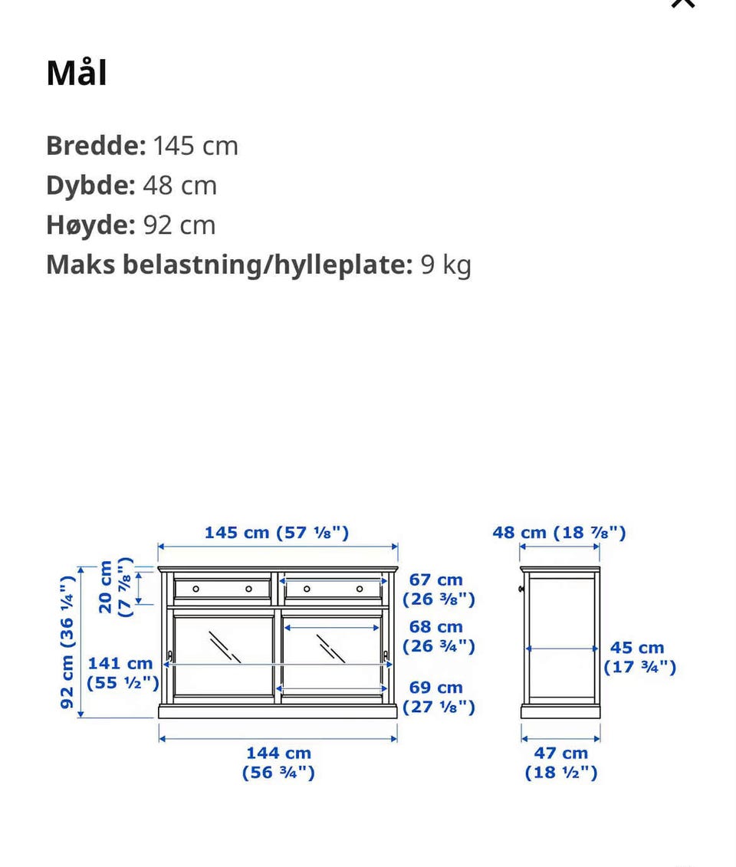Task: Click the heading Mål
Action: click(x=77, y=74)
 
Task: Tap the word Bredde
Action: click(x=95, y=146)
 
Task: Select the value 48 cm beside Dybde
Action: click(x=179, y=186)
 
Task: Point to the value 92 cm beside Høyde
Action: click(x=179, y=225)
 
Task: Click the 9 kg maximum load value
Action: click(x=445, y=265)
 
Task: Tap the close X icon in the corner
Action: click(x=682, y=4)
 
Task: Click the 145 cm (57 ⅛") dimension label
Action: click(x=277, y=533)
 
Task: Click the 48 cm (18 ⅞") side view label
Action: click(x=559, y=533)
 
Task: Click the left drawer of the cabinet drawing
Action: click(x=222, y=589)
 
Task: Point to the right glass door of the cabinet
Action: click(x=332, y=657)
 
